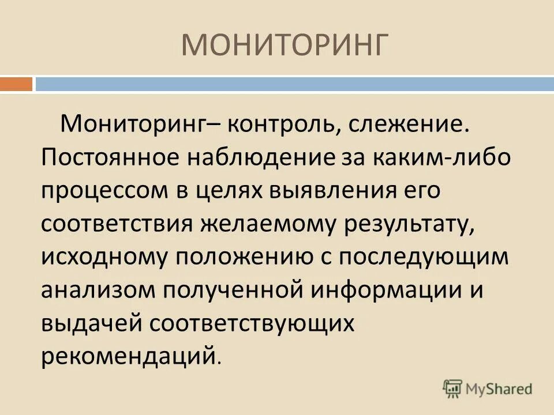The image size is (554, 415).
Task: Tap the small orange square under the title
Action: click(x=16, y=84)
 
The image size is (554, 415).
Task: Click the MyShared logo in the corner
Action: click(x=488, y=387)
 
